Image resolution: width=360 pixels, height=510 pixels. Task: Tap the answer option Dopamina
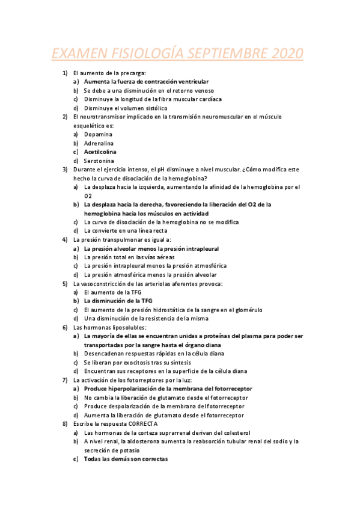click(99, 134)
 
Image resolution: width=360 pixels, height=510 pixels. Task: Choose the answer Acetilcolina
click(100, 152)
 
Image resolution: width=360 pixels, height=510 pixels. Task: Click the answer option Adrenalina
click(99, 143)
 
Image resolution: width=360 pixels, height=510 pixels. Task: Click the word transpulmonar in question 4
click(122, 239)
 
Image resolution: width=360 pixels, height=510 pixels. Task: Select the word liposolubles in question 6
click(124, 327)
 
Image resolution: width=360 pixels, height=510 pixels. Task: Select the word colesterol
click(235, 432)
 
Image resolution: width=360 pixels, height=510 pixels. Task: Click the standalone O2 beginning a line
click(88, 196)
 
